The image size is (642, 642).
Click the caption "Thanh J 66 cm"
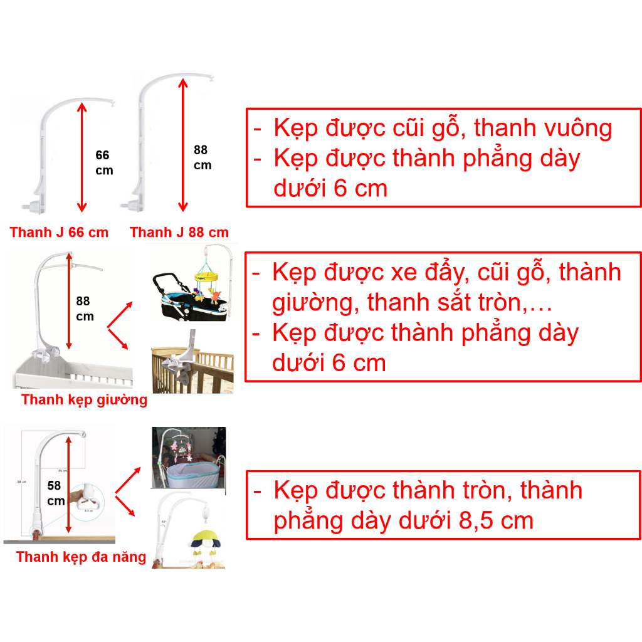(x=59, y=233)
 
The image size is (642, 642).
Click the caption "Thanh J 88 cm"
(x=179, y=233)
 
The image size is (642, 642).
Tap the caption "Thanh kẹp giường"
(x=84, y=400)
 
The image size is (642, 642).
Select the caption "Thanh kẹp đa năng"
(x=81, y=557)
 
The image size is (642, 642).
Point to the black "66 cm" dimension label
(x=104, y=163)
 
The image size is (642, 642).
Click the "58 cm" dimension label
(x=56, y=493)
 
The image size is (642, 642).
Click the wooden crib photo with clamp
(x=192, y=362)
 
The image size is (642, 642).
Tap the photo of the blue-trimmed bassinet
(x=189, y=457)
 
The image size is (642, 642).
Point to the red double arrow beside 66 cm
(x=81, y=157)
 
